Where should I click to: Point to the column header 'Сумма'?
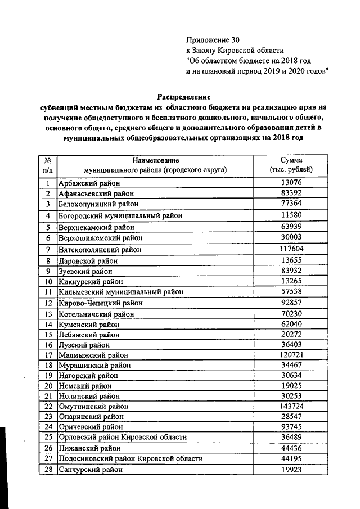tap(291, 160)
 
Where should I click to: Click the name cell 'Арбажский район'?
tap(89, 183)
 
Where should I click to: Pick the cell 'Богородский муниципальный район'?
tap(121, 215)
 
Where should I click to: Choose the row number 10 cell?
tap(48, 281)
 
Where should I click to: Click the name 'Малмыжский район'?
tap(93, 355)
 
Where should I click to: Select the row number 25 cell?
tap(48, 437)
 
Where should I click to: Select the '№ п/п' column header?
tap(48, 165)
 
